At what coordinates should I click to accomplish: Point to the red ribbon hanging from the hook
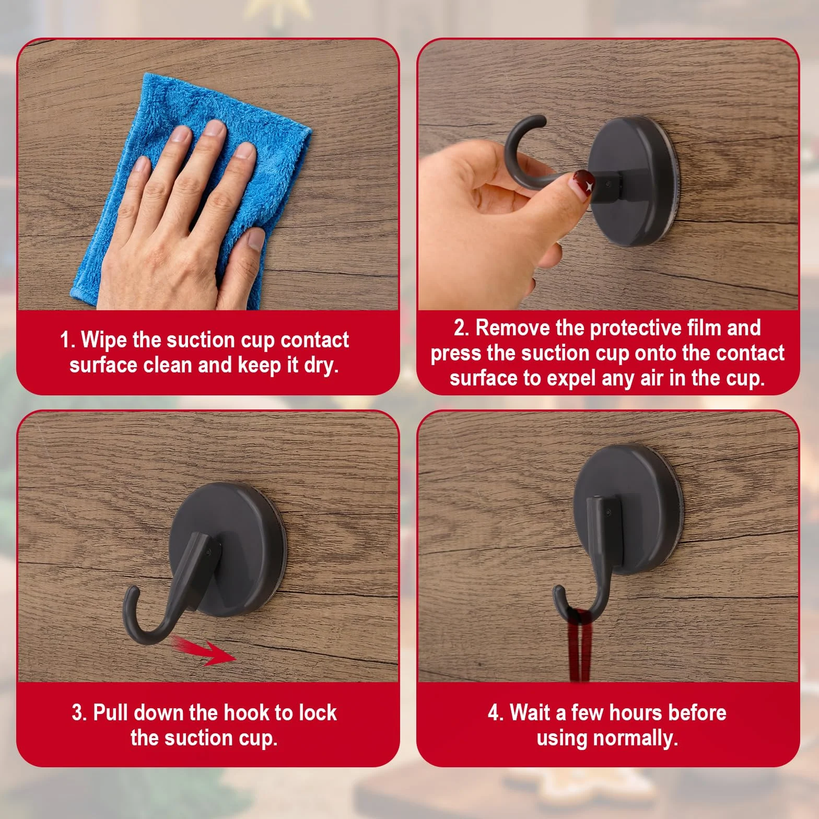click(x=579, y=645)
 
